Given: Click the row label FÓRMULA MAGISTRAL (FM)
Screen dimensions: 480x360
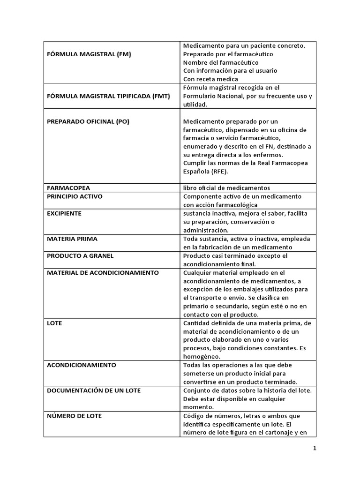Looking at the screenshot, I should click(x=89, y=54).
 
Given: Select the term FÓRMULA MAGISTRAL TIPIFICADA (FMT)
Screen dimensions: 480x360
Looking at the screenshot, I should click(x=108, y=96).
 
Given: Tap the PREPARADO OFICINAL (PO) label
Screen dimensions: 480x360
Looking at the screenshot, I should click(x=88, y=121).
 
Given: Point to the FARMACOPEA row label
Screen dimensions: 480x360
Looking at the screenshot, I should click(x=68, y=188).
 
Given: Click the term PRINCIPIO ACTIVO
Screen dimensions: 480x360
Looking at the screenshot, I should click(x=75, y=196).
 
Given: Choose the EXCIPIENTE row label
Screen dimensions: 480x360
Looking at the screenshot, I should click(x=64, y=213).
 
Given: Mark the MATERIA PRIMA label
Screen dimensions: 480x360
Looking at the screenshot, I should click(x=72, y=239).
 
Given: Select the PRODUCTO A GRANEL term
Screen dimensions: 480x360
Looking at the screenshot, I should click(x=80, y=255).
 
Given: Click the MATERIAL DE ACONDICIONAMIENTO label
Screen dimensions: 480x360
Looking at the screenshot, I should click(x=103, y=272).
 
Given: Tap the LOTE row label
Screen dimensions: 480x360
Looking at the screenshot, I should click(x=54, y=323).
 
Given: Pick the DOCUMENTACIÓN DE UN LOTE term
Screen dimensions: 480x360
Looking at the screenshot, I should click(x=94, y=390).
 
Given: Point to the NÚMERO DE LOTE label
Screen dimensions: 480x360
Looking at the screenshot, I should click(x=74, y=416).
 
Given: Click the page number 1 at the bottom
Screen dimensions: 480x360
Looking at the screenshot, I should click(x=315, y=448).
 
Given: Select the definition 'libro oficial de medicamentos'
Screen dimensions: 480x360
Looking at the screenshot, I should click(x=226, y=188).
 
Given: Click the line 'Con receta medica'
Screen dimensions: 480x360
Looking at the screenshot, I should click(x=210, y=79).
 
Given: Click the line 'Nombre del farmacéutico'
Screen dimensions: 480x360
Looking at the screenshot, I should click(x=221, y=62).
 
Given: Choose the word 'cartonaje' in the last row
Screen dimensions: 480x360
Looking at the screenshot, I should click(x=274, y=433).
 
